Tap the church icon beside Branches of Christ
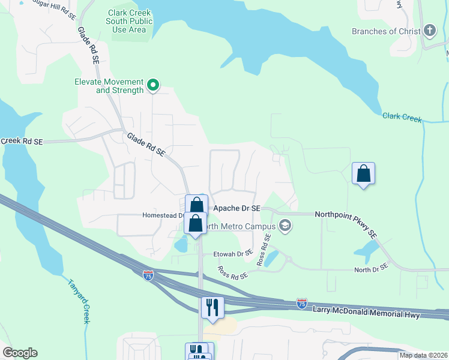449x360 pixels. pos(429,31)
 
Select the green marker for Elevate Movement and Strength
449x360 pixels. pos(153,86)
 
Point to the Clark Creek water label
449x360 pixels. pos(402,116)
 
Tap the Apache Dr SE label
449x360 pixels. pos(237,208)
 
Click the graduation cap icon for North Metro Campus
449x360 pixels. pos(286,226)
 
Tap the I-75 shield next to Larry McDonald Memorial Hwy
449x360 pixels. pos(303,304)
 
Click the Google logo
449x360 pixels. pos(20,353)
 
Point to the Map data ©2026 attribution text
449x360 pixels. pos(423,355)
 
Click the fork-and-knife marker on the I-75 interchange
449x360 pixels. pos(212,307)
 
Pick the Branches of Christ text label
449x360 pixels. pos(385,31)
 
